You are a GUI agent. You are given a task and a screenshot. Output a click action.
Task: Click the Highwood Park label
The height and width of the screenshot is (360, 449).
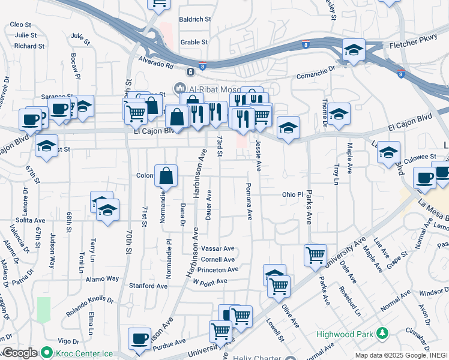click(x=345, y=333)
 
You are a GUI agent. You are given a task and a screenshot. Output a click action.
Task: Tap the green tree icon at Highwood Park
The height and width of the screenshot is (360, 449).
click(x=381, y=333)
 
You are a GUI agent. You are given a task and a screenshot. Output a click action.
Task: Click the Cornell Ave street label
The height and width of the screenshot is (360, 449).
click(x=217, y=259)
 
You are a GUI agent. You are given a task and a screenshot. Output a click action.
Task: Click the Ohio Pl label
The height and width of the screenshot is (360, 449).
click(x=293, y=195)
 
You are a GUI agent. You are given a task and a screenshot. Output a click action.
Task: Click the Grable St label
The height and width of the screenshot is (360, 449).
click(x=194, y=42)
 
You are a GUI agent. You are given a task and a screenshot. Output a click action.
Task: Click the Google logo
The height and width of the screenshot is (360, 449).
click(x=20, y=353)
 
